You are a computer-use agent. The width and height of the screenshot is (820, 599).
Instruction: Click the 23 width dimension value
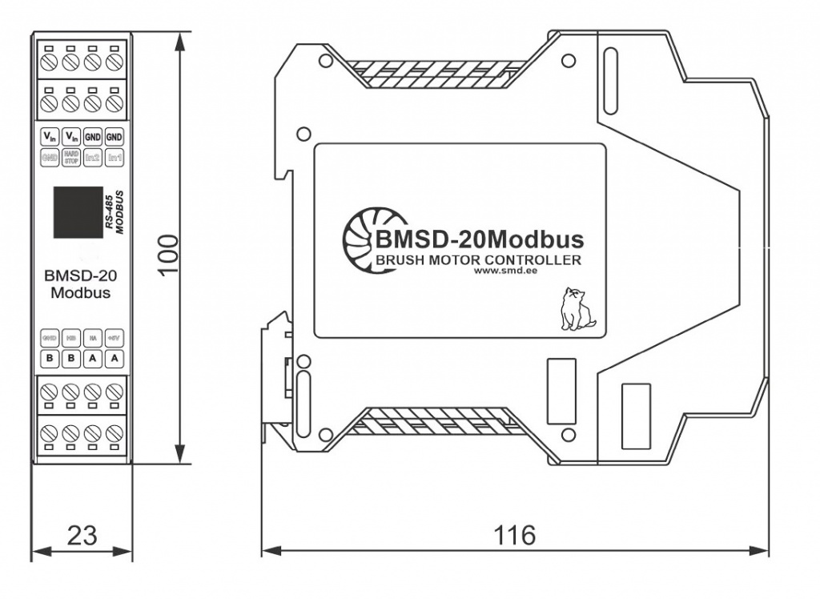tap(82, 535)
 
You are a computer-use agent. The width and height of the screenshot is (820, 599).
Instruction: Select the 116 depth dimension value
tap(515, 535)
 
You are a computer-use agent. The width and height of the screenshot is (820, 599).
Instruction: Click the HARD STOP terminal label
tap(70, 158)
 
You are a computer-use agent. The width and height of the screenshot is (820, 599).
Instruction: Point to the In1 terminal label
tap(115, 158)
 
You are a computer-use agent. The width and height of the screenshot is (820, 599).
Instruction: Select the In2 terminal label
tap(92, 158)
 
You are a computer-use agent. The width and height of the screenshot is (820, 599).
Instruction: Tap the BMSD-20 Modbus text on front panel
tap(81, 284)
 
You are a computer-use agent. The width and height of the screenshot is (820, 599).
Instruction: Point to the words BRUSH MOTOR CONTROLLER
tap(478, 260)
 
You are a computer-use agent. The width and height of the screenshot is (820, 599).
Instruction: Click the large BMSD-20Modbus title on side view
tap(478, 239)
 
